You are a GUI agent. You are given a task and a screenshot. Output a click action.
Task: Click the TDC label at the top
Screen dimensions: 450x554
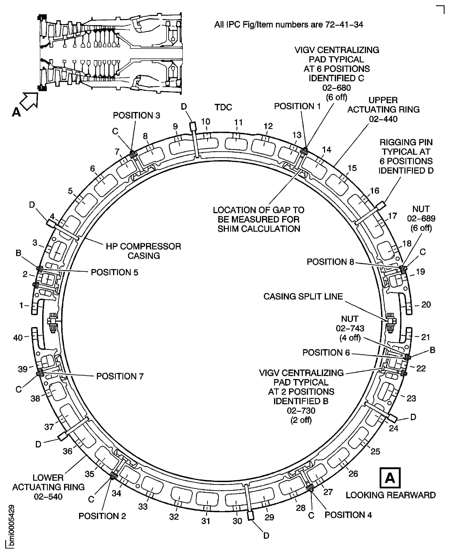point(223,107)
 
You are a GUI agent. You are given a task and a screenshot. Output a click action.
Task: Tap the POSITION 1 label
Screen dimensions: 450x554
point(297,106)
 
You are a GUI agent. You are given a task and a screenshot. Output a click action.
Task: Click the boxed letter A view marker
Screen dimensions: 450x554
point(390,478)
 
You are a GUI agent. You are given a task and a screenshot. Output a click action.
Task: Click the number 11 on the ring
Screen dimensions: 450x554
point(238,122)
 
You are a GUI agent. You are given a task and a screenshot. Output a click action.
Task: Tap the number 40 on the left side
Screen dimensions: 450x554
point(18,338)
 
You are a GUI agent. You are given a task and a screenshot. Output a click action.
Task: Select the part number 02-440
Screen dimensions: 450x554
point(383,119)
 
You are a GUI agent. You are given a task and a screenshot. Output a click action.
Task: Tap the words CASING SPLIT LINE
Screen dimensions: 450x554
point(303,296)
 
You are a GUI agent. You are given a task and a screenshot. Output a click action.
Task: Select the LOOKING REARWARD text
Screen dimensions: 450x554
point(391,495)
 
